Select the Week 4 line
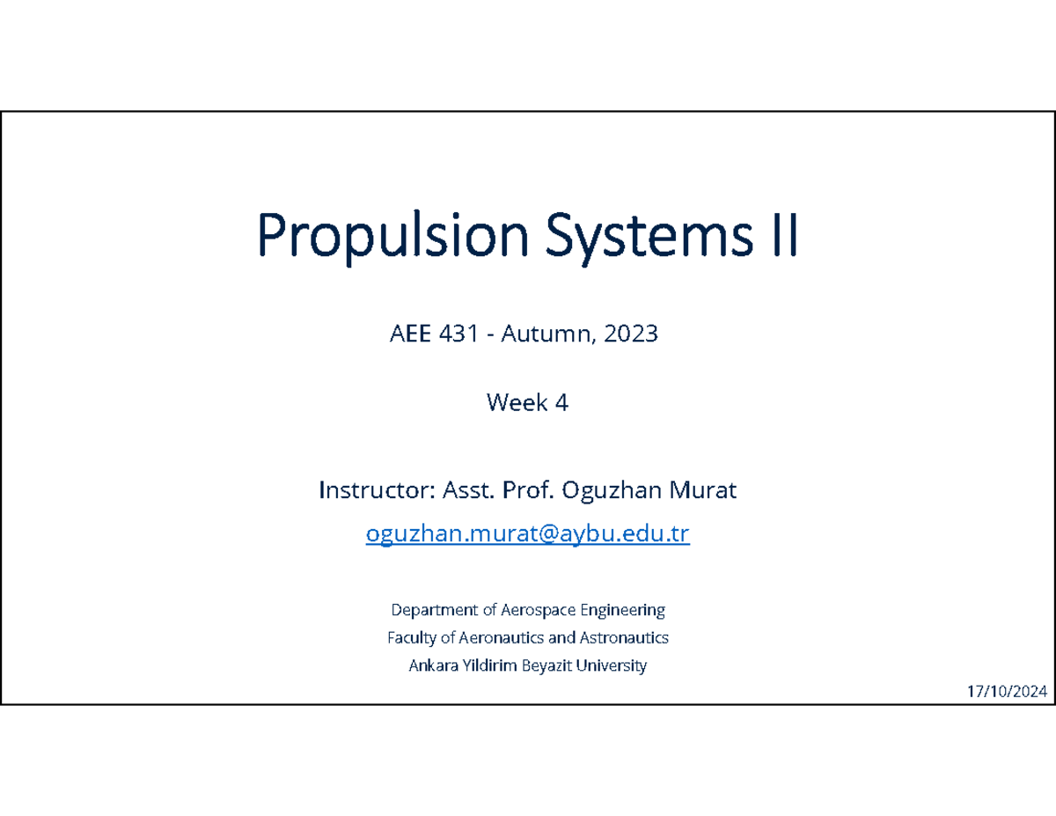tap(527, 403)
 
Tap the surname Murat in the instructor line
tap(701, 490)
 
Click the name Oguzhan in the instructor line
tap(606, 490)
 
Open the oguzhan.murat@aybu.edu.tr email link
tap(527, 534)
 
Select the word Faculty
tap(411, 637)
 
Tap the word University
tap(612, 665)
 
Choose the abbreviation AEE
tap(406, 334)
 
